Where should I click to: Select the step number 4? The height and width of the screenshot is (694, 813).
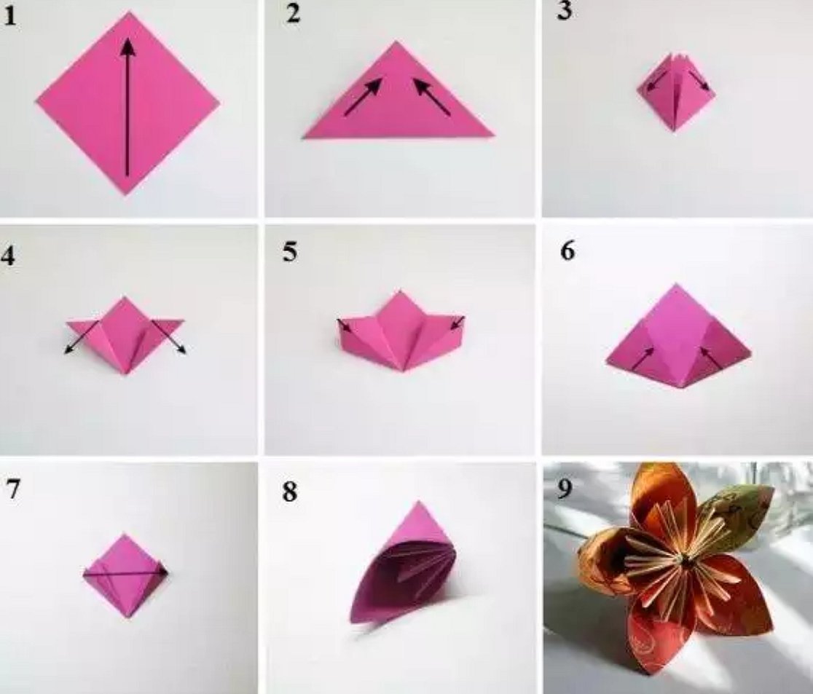(9, 255)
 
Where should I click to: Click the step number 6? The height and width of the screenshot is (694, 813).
(567, 251)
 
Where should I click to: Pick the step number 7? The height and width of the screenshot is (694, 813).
(13, 488)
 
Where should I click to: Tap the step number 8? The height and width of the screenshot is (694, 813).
(291, 492)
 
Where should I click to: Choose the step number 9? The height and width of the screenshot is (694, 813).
(565, 488)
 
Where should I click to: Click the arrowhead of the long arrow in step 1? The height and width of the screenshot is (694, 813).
(127, 47)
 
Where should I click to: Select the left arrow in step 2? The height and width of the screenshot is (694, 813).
(363, 96)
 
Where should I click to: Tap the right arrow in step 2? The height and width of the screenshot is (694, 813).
(431, 96)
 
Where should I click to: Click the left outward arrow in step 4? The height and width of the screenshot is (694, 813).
(82, 337)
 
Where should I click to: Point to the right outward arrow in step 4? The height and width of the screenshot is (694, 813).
(169, 337)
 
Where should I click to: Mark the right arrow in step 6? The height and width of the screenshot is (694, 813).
(711, 358)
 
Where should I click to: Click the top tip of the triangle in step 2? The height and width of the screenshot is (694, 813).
(396, 42)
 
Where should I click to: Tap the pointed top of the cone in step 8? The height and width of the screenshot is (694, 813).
(418, 502)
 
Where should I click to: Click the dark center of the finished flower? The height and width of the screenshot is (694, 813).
(686, 560)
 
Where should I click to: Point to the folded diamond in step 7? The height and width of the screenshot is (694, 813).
(126, 575)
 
